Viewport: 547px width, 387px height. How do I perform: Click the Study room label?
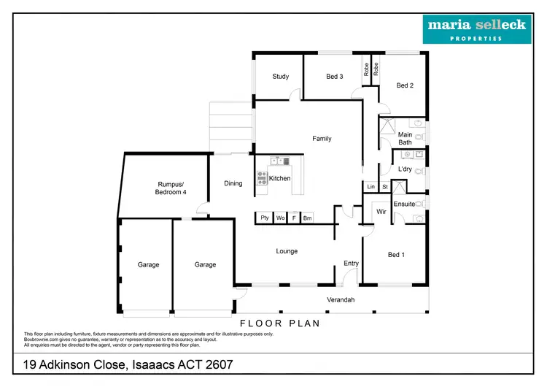tap(281, 77)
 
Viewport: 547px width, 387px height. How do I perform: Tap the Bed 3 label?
tap(335, 77)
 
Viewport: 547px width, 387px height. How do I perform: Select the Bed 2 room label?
tap(405, 85)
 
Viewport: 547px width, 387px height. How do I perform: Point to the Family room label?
tap(322, 139)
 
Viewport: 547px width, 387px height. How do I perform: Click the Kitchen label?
tap(279, 178)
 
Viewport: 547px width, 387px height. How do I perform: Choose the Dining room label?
tap(233, 183)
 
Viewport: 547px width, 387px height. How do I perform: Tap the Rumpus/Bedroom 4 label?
tap(171, 188)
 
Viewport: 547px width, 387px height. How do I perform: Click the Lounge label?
tap(287, 251)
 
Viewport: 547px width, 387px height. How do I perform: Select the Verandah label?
tap(339, 299)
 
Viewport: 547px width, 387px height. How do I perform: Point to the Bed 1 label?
tap(395, 255)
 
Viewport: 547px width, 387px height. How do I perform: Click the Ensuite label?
tap(404, 204)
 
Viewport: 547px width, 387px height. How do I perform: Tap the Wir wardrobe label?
tap(381, 212)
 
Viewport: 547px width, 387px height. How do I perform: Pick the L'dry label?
tap(405, 169)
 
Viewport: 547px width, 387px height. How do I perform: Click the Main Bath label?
tap(405, 138)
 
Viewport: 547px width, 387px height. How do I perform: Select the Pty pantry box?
tap(264, 218)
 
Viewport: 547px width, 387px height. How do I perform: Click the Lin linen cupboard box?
tap(371, 187)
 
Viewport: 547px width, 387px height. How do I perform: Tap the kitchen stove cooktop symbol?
tap(262, 177)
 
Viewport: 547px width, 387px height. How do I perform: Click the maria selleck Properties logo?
tap(478, 28)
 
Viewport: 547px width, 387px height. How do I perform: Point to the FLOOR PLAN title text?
tap(280, 322)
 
